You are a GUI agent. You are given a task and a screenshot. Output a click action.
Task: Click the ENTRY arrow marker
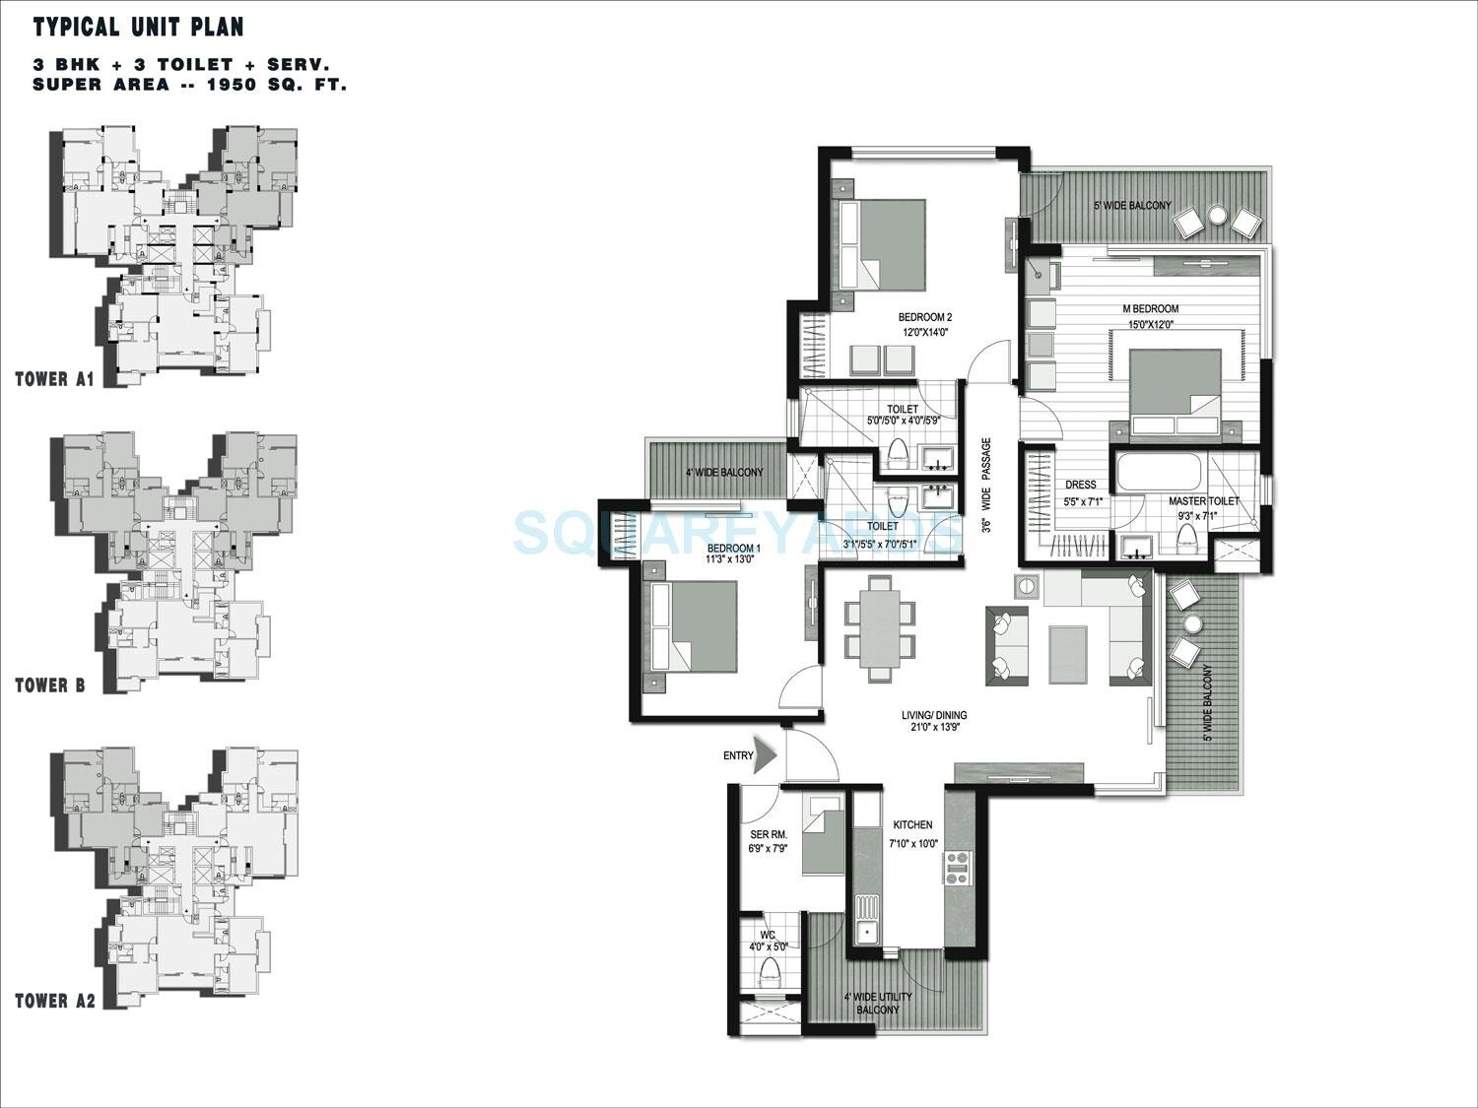click(x=767, y=756)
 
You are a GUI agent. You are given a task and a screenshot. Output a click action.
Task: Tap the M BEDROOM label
click(x=1151, y=308)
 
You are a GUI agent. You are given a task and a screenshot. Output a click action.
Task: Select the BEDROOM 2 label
click(x=924, y=317)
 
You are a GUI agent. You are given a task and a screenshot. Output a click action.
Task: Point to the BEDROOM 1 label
click(x=730, y=548)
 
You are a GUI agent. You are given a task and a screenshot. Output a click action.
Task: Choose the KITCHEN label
click(x=912, y=824)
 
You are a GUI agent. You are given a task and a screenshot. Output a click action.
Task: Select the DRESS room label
click(x=1081, y=485)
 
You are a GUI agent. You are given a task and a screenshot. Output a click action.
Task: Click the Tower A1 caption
click(x=54, y=378)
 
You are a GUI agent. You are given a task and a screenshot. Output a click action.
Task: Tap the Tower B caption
click(x=50, y=685)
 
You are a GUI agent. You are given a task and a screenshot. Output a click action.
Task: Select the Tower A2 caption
click(x=55, y=1002)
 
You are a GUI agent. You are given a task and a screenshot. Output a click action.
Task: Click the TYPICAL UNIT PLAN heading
click(x=138, y=27)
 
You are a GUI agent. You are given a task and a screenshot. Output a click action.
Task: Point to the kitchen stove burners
click(x=958, y=866)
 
